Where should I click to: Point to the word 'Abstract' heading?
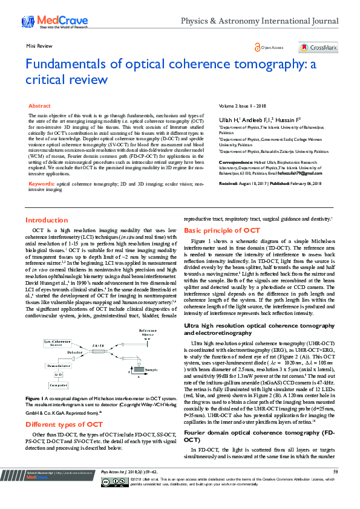(40, 106)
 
